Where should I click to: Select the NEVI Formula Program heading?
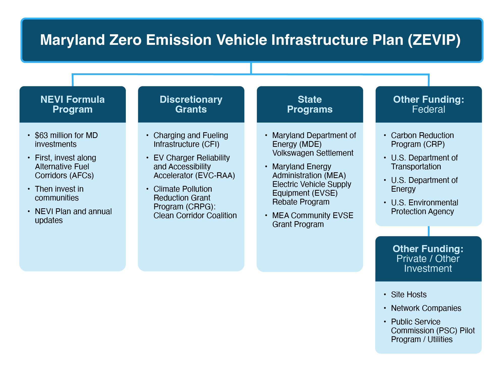pos(72,104)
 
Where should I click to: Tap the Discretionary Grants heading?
pos(191,104)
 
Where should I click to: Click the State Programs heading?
pos(310,104)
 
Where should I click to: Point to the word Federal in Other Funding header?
pos(428,110)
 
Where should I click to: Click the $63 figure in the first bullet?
pos(41,136)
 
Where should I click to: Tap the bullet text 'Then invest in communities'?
pos(59,193)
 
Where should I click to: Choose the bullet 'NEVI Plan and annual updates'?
pos(73,216)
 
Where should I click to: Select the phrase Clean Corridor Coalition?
pos(195,216)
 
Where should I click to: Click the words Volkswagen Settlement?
pos(313,153)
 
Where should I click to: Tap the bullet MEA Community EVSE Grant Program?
pos(312,220)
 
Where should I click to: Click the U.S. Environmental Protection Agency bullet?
pos(424,207)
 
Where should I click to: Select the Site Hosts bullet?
pos(408,294)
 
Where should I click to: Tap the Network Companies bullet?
pos(426,308)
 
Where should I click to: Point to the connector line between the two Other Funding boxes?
pos(429,231)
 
